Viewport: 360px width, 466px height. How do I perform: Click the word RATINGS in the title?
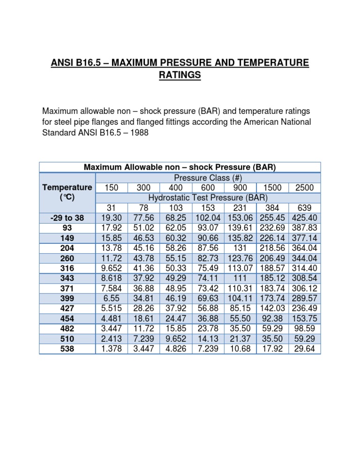(180, 75)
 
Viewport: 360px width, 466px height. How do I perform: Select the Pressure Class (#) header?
(208, 178)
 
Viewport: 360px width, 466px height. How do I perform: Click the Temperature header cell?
(67, 188)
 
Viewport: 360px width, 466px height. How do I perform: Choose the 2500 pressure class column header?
(306, 188)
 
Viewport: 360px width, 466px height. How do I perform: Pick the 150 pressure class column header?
(111, 188)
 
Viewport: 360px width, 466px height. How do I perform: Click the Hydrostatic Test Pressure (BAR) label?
(208, 197)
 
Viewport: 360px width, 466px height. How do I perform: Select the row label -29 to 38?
(67, 218)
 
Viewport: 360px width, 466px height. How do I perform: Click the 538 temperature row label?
(67, 348)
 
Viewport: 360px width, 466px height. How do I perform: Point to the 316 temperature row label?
(67, 268)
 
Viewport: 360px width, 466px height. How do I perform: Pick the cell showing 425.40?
(306, 218)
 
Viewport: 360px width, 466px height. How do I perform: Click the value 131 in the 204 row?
(241, 248)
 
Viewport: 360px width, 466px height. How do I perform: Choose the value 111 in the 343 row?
(241, 278)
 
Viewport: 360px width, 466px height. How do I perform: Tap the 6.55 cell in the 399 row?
(111, 298)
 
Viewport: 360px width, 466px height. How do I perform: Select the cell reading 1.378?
(111, 348)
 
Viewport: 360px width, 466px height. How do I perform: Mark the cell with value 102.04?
(208, 218)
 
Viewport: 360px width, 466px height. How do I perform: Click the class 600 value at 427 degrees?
(208, 308)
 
